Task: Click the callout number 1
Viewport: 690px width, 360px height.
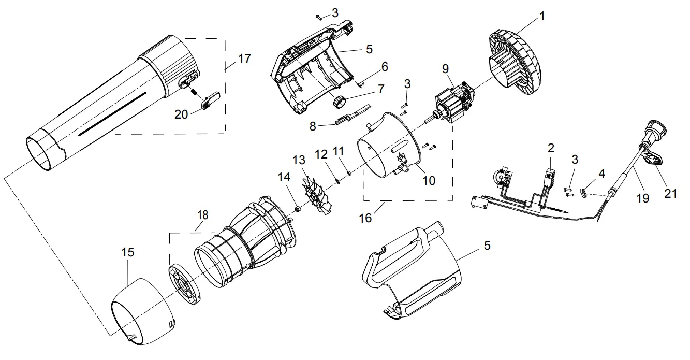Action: click(542, 16)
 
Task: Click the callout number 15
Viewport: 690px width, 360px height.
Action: click(127, 252)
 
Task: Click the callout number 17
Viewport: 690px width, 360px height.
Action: click(244, 59)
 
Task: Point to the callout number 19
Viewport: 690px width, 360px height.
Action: click(642, 197)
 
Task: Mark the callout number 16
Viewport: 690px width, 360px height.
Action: click(365, 218)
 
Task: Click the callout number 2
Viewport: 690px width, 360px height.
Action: click(551, 148)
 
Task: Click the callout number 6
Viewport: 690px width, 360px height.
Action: click(384, 66)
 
